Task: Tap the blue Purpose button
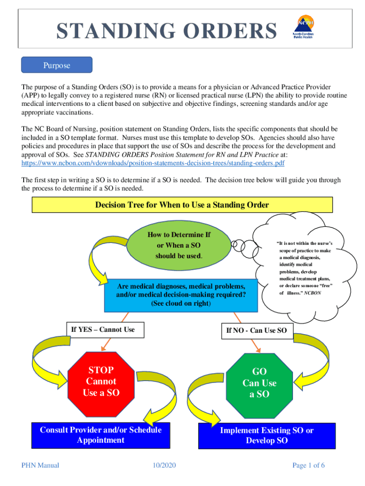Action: pos(57,65)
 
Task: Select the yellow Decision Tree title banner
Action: pos(182,205)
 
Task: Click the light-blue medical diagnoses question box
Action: pos(181,295)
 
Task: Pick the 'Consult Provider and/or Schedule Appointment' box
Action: pos(100,435)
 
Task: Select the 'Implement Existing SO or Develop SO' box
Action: pos(266,436)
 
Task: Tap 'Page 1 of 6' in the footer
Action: pos(309,465)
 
